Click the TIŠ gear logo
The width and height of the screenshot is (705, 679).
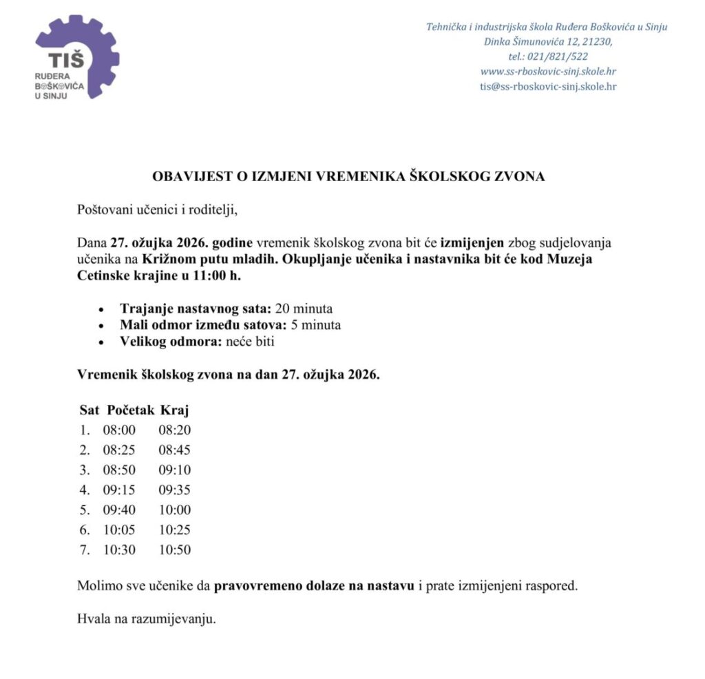76,56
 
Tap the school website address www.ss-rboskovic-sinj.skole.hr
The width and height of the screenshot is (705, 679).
548,72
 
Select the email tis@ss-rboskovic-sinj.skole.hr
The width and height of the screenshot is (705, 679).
548,86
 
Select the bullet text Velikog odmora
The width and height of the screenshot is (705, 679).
162,342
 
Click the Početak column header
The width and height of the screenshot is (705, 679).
130,410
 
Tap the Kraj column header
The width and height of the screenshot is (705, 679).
174,410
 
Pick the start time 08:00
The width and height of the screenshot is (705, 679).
119,430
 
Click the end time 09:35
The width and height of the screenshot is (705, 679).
174,490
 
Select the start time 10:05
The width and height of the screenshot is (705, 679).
119,530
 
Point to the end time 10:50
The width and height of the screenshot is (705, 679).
174,550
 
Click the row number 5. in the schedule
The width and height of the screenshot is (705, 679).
85,510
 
